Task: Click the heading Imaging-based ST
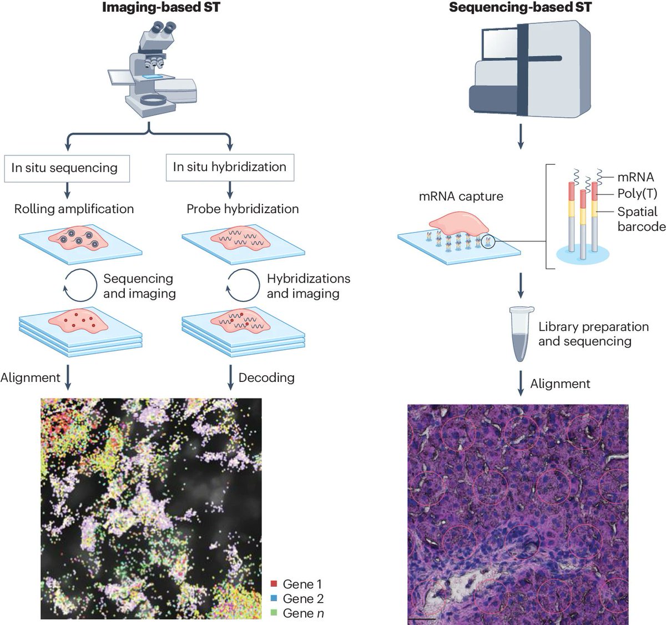tap(161, 8)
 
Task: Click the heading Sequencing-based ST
tap(520, 8)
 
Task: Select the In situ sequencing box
tap(67, 168)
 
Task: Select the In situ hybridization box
tap(230, 167)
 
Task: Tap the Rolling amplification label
tap(74, 209)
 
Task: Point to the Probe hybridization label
tap(243, 209)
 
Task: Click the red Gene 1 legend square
tap(274, 584)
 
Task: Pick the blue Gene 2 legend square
tap(274, 599)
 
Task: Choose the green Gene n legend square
tap(274, 613)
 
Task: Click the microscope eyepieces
tap(163, 27)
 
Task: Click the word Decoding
tap(266, 378)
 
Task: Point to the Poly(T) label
tap(638, 194)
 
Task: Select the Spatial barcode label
tap(641, 219)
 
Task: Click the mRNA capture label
tap(462, 196)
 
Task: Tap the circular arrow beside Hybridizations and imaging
tap(243, 285)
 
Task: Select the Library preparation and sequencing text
tap(593, 334)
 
